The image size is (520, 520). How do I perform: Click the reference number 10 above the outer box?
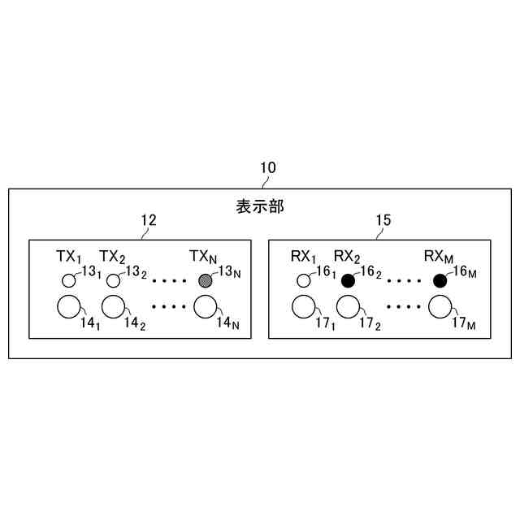267,168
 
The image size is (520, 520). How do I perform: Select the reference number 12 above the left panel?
149,220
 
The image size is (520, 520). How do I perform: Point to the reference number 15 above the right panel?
383,220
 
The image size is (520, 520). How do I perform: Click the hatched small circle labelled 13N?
206,281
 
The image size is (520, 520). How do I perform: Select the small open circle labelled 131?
68,281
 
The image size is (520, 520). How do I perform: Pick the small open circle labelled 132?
113,281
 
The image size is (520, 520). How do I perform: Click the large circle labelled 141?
68,308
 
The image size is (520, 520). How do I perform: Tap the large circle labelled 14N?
206,308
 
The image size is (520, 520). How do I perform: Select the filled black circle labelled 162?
349,281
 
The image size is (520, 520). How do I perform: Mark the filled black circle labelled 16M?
440,281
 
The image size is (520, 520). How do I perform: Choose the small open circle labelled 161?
304,281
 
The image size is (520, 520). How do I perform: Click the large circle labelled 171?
304,308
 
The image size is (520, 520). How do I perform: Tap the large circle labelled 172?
349,308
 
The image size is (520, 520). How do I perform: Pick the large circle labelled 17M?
440,308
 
